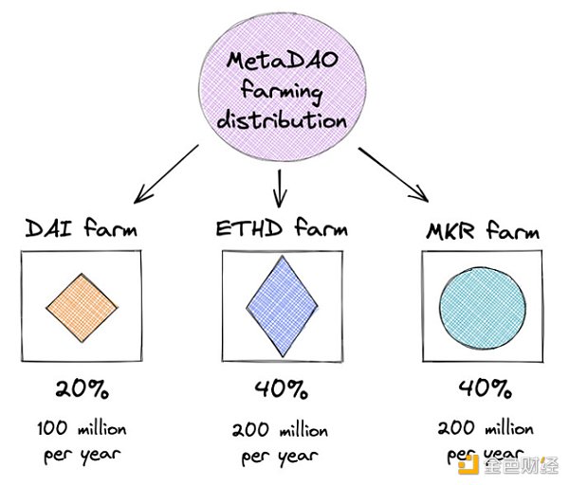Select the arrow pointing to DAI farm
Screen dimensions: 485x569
point(165,175)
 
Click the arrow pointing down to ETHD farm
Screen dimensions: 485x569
point(280,187)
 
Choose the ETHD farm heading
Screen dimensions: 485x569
point(280,228)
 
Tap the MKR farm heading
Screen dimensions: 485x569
point(483,230)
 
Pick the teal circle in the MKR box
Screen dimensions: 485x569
point(482,307)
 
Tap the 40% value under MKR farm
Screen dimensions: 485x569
point(481,388)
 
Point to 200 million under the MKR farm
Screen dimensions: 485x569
point(481,429)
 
